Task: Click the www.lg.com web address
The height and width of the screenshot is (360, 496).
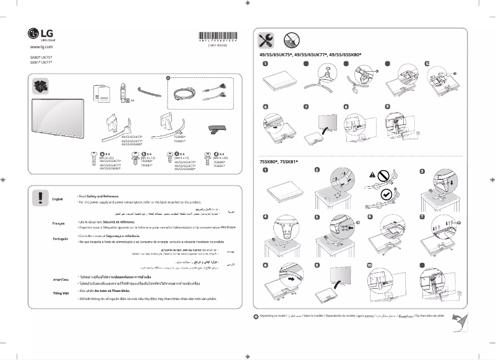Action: [38, 46]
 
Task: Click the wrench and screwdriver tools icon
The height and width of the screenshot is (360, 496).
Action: [267, 40]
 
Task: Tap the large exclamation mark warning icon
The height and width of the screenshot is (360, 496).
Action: [41, 197]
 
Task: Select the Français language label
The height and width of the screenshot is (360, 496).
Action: [59, 223]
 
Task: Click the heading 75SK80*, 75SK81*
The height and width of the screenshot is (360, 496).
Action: [278, 162]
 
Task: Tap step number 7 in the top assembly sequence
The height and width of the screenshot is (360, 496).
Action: [306, 106]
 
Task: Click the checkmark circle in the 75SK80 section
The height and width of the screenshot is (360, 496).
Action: [387, 194]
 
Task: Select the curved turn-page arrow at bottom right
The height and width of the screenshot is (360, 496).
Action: [459, 321]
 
